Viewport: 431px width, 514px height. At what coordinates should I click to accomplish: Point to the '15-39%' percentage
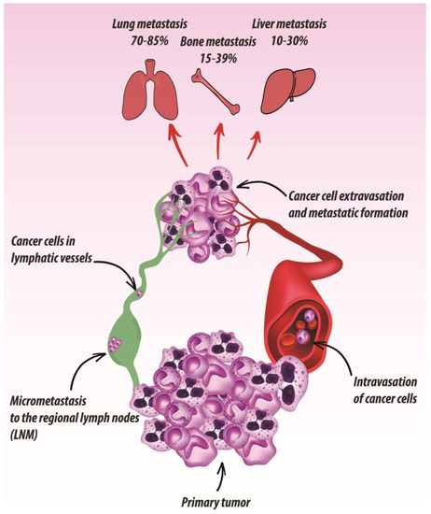tap(217, 57)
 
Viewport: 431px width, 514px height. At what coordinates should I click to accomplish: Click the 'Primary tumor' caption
tap(217, 498)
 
